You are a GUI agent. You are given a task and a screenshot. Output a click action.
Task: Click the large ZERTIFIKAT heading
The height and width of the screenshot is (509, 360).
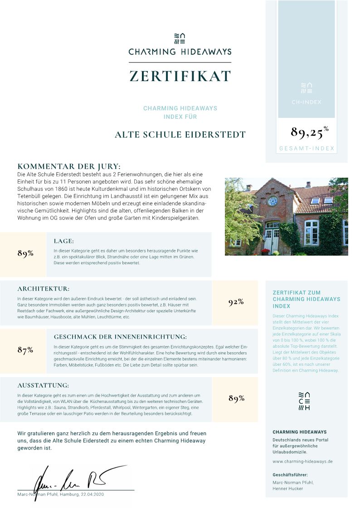pos(180,76)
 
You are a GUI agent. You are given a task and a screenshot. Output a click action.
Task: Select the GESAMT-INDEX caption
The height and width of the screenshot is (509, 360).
pos(306,149)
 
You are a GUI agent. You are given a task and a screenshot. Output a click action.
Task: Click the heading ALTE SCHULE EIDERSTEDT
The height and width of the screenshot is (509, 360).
pos(180,135)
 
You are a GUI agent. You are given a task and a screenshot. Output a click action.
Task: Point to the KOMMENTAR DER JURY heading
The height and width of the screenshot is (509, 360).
pos(69,166)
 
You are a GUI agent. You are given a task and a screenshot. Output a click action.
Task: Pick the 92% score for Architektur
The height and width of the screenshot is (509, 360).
pos(236,302)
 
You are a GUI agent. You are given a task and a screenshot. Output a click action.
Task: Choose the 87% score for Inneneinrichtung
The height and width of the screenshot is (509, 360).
pos(25,350)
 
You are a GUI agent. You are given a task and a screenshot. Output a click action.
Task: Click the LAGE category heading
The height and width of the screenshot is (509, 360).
pos(63,241)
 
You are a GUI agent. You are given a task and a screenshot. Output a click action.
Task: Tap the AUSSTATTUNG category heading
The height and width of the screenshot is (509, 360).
pos(43,386)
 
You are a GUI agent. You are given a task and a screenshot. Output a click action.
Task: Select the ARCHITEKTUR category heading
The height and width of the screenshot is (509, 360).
pos(44,289)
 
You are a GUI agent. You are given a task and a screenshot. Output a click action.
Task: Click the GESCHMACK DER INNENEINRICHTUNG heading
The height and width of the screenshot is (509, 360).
pos(120,337)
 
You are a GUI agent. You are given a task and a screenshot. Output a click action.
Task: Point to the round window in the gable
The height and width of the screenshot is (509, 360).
pos(272,201)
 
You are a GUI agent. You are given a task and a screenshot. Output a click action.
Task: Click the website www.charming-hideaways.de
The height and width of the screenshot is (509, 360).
pos(302,461)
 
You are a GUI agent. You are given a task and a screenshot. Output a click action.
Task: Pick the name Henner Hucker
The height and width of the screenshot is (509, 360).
pos(288,489)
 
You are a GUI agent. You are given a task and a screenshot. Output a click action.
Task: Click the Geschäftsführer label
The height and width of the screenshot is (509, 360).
pos(290,475)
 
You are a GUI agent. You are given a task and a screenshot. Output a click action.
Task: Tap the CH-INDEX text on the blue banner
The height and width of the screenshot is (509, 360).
pos(306,102)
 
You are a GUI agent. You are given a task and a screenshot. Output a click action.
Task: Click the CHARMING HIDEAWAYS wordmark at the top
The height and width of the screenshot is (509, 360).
pos(180,52)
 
